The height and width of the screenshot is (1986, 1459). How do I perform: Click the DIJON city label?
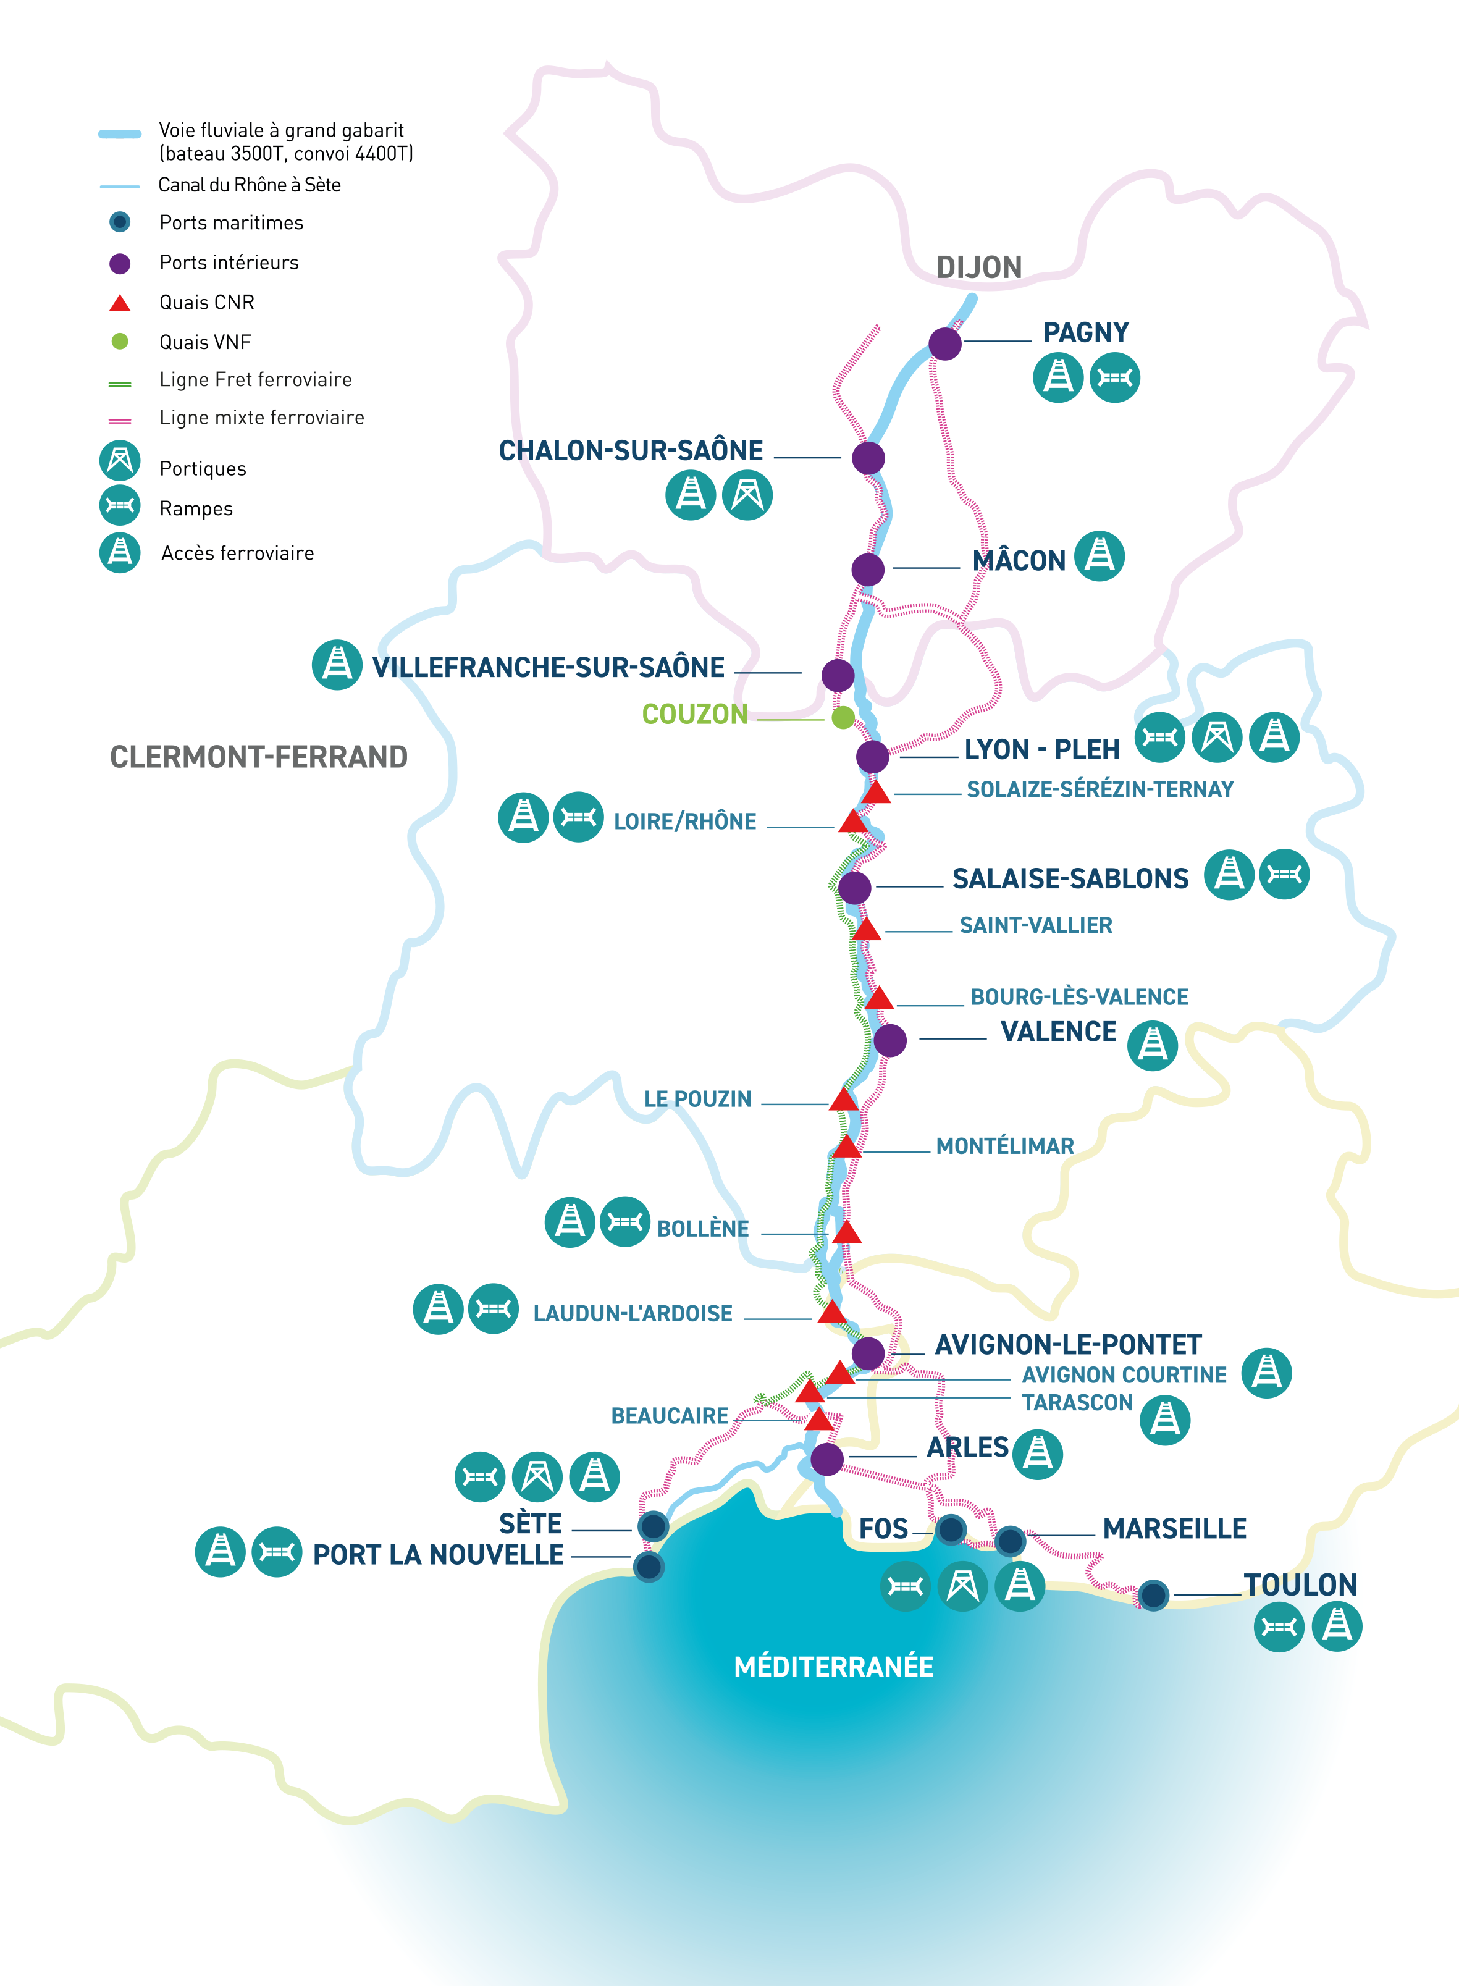click(x=978, y=267)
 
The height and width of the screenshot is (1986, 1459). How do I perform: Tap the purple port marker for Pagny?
click(x=944, y=343)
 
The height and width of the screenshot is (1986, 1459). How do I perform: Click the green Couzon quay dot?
click(x=843, y=717)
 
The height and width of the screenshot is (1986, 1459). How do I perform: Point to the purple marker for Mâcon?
click(x=867, y=569)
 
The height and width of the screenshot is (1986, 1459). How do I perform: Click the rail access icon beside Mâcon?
click(x=1099, y=557)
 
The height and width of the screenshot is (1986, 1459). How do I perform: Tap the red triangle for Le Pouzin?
click(x=843, y=1100)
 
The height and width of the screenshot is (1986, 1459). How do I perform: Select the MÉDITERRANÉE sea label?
click(x=833, y=1667)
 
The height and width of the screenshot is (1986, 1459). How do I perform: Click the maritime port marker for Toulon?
click(x=1153, y=1595)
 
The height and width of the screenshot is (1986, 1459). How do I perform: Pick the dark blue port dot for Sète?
click(x=654, y=1525)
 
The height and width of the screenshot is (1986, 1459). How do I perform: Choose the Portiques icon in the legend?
click(x=120, y=461)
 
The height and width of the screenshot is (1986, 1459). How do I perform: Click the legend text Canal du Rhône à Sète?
click(x=249, y=185)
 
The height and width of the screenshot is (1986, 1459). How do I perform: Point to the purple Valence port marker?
click(x=889, y=1040)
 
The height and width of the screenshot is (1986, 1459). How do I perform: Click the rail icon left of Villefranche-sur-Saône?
click(x=337, y=664)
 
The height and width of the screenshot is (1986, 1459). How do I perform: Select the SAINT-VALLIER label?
click(x=1035, y=925)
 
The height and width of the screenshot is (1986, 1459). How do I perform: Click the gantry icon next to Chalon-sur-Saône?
click(x=747, y=495)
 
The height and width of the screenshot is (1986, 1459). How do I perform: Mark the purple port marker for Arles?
click(x=826, y=1459)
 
